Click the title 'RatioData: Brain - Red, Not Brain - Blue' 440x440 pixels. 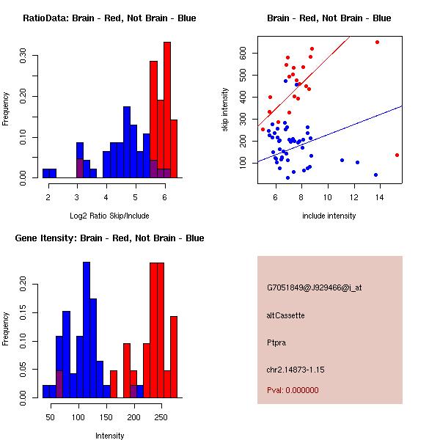click(109, 18)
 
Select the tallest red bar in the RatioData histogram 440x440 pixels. click(167, 110)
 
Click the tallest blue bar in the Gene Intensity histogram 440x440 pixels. click(87, 329)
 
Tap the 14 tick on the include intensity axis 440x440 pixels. click(379, 196)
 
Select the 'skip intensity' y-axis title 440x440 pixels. click(225, 110)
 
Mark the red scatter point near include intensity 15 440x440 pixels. click(397, 155)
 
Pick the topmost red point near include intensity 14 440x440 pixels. click(377, 42)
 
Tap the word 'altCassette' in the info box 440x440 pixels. click(286, 315)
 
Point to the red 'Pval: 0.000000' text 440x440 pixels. click(293, 390)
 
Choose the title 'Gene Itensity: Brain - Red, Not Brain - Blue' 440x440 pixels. click(109, 238)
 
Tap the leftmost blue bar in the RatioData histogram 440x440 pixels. click(49, 173)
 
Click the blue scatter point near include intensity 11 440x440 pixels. click(342, 160)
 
